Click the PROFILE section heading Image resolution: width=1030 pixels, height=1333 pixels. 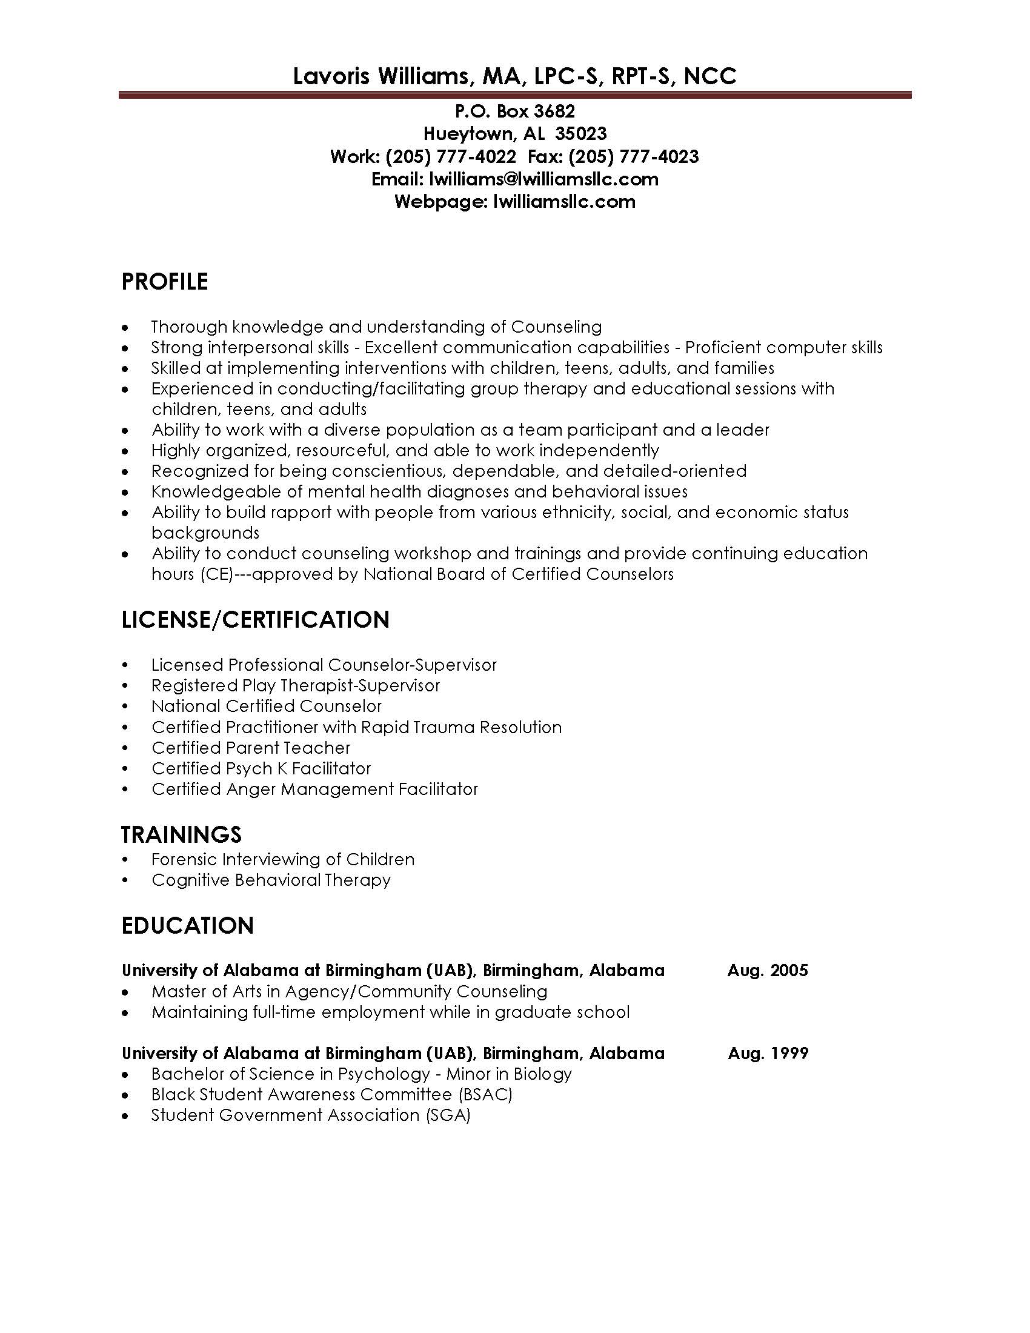coord(165,282)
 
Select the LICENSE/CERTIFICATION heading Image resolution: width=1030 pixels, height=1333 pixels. coord(255,619)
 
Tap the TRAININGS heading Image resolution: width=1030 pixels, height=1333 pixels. coord(181,834)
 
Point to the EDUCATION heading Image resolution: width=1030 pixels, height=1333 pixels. coord(187,926)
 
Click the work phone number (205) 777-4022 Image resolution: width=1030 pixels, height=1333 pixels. coord(450,157)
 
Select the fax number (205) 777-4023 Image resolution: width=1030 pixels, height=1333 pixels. coord(633,157)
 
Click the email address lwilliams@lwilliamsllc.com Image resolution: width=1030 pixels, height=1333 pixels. coord(543,179)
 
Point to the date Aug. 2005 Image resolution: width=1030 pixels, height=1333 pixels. coord(768,971)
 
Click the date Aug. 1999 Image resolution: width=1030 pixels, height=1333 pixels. coord(768,1053)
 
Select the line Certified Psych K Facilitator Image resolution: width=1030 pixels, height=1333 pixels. coord(261,768)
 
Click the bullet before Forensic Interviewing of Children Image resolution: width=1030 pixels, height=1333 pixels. coord(125,860)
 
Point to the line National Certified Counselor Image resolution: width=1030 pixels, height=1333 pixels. coord(267,706)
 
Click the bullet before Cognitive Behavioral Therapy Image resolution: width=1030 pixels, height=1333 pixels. coord(125,881)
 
